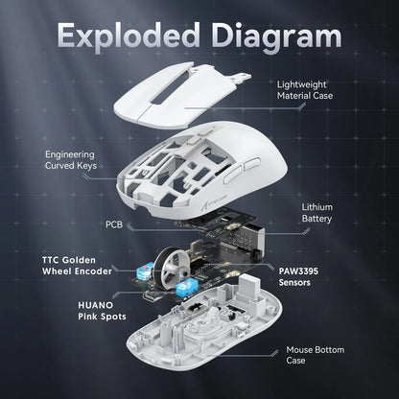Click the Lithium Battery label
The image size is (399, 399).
coord(317,213)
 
